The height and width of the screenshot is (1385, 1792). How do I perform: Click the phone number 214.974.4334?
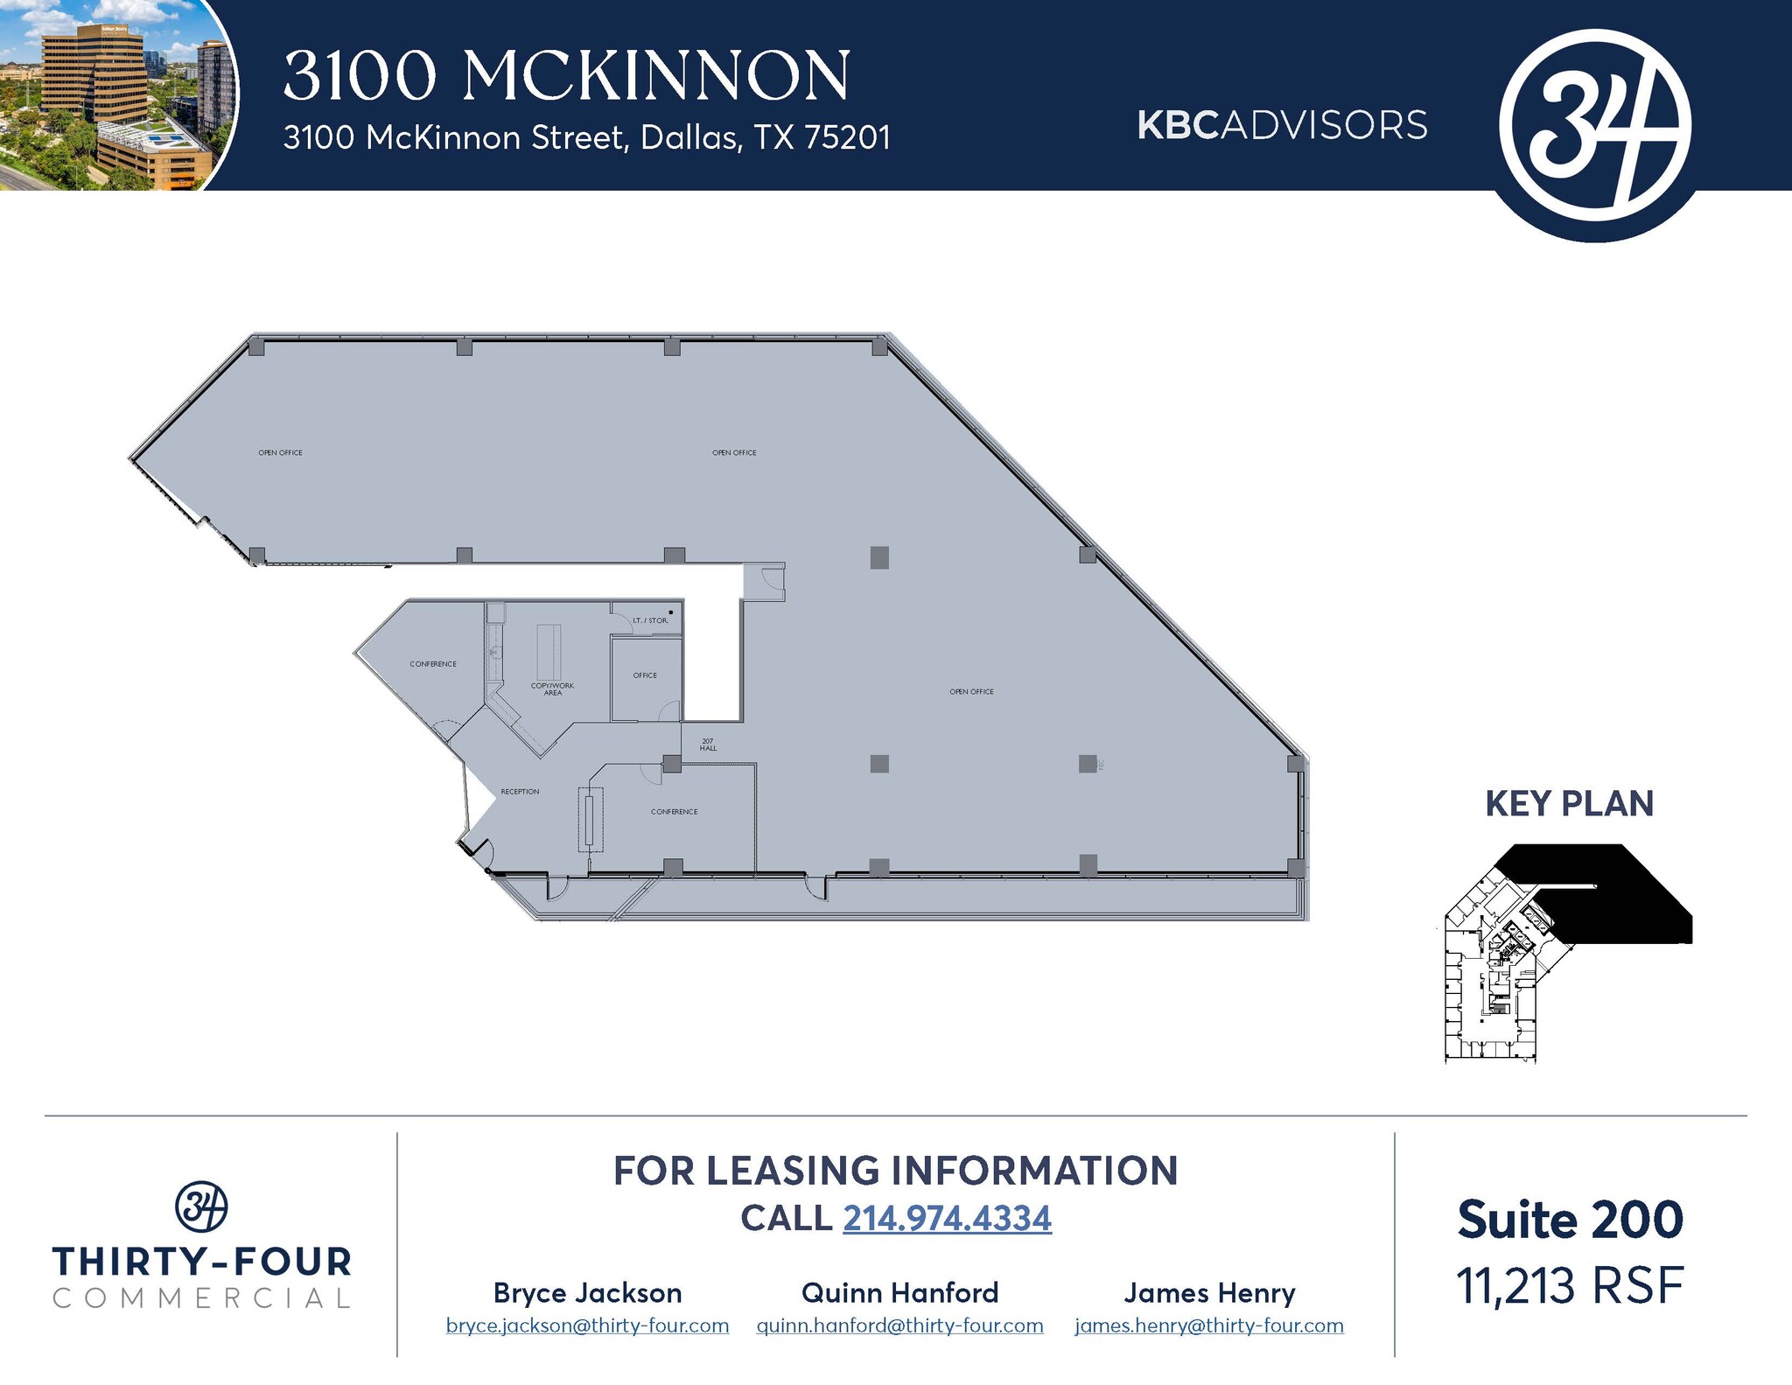click(x=947, y=1218)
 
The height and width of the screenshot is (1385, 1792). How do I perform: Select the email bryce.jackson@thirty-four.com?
click(x=587, y=1326)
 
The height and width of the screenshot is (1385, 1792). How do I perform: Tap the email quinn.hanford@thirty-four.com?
click(x=899, y=1326)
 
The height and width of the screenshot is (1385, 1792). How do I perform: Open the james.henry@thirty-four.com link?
click(x=1209, y=1326)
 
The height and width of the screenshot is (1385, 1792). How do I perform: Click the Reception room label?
click(x=520, y=792)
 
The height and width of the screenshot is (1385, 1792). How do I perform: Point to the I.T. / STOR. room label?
click(x=650, y=620)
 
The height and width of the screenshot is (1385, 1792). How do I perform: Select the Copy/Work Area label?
click(x=552, y=689)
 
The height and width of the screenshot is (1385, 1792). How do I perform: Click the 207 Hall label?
click(x=708, y=745)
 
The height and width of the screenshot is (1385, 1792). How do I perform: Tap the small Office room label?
click(x=645, y=675)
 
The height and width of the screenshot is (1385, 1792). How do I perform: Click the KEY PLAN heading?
click(x=1569, y=804)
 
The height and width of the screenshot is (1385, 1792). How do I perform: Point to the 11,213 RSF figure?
click(x=1570, y=1286)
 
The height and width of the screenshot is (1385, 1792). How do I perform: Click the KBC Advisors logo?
click(x=1282, y=125)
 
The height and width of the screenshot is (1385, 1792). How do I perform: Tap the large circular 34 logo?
click(x=1594, y=125)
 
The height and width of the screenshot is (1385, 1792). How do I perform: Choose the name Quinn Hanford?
click(x=899, y=1292)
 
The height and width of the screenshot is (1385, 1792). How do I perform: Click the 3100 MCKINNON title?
click(x=566, y=75)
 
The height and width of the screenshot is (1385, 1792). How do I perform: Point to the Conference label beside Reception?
click(x=674, y=812)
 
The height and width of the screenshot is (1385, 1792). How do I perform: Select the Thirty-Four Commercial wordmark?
click(x=201, y=1277)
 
